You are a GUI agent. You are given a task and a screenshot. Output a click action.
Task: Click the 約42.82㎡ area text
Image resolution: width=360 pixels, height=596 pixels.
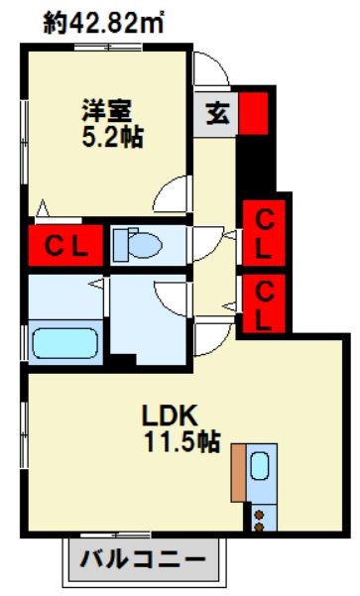click(103, 23)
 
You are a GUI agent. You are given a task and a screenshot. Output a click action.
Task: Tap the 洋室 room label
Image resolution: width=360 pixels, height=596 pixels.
click(107, 111)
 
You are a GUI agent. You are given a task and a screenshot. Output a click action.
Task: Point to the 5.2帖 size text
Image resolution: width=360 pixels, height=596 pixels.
click(112, 137)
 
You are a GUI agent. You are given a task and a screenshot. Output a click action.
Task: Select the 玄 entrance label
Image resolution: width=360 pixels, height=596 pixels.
click(218, 113)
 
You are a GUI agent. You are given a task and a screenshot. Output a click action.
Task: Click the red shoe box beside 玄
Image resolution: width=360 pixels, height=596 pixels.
click(254, 113)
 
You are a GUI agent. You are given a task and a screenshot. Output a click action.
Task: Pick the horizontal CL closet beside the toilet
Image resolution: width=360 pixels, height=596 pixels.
click(65, 246)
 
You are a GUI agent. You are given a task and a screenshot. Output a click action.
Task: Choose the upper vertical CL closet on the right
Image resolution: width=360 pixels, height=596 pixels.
click(264, 233)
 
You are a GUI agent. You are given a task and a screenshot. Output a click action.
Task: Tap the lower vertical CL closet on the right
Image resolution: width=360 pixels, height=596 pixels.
click(264, 302)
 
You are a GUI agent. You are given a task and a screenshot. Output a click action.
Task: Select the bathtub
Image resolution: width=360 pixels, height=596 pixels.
click(65, 343)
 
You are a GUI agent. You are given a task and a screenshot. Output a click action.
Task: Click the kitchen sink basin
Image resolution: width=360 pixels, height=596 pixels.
click(260, 466)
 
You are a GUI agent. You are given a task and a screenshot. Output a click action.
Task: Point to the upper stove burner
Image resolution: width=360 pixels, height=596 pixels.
click(259, 515)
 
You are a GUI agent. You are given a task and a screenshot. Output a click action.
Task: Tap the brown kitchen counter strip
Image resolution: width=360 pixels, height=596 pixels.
click(238, 472)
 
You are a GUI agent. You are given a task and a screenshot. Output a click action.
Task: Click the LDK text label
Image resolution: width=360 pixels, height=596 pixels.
click(170, 416)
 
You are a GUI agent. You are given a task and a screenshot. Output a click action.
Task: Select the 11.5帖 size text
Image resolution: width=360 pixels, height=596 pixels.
click(182, 441)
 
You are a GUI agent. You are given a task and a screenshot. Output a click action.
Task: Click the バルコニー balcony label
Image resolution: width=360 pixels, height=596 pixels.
click(143, 559)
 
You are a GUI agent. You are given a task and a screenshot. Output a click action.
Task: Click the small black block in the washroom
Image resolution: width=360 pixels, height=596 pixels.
click(123, 359)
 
